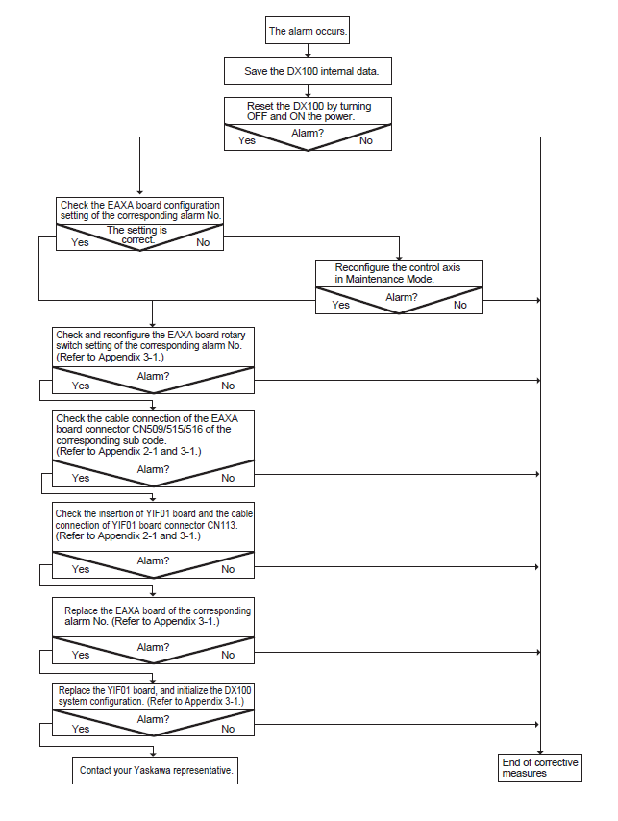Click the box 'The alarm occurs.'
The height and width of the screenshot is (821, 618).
pyautogui.click(x=308, y=31)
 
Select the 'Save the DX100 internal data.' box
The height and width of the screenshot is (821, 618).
pyautogui.click(x=308, y=71)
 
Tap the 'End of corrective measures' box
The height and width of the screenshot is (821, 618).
pyautogui.click(x=540, y=767)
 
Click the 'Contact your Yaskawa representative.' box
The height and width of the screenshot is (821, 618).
pyautogui.click(x=156, y=770)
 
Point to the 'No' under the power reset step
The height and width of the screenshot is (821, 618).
pyautogui.click(x=366, y=140)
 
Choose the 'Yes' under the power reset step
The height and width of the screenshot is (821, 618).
pyautogui.click(x=246, y=140)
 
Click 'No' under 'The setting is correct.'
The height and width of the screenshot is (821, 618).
pyautogui.click(x=203, y=242)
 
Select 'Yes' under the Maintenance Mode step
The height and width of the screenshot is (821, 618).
pyautogui.click(x=340, y=305)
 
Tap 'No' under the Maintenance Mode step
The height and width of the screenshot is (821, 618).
pyautogui.click(x=460, y=305)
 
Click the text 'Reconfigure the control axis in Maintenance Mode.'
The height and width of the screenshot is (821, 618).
pyautogui.click(x=398, y=273)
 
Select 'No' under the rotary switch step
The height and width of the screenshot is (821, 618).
pyautogui.click(x=228, y=386)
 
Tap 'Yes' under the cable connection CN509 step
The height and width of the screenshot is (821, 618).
pyautogui.click(x=81, y=478)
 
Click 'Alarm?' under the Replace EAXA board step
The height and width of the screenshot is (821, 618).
pyautogui.click(x=154, y=647)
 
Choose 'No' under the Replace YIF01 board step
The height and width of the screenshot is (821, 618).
pyautogui.click(x=228, y=729)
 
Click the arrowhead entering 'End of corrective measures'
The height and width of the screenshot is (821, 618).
pyautogui.click(x=540, y=752)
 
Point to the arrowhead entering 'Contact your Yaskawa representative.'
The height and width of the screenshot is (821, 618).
pyautogui.click(x=153, y=754)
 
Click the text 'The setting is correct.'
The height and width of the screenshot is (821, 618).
pyautogui.click(x=137, y=235)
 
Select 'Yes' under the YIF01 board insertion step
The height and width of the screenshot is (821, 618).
pyautogui.click(x=81, y=569)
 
